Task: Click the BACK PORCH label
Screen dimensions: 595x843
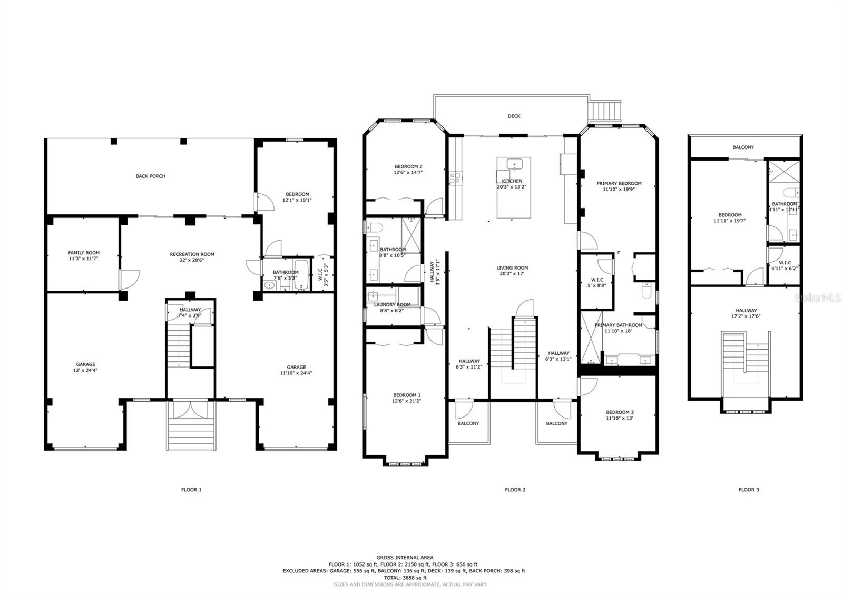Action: pos(150,176)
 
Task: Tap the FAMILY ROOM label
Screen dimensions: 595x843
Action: pos(84,253)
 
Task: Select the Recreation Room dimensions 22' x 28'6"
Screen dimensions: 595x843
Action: pos(192,260)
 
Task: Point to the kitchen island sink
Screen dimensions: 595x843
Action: pos(514,164)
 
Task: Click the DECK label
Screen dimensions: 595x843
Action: pos(514,116)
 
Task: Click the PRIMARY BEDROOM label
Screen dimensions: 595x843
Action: pos(619,183)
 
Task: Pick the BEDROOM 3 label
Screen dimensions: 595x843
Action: pos(620,412)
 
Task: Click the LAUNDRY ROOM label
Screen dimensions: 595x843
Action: pos(392,304)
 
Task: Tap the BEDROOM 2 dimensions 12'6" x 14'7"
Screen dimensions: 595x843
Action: pos(408,172)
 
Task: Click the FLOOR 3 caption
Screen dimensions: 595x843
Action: pos(748,490)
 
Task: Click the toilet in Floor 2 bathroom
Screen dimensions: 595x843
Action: pos(374,228)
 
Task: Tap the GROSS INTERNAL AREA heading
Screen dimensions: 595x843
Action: pos(405,557)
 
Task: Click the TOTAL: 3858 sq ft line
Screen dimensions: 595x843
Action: pos(405,578)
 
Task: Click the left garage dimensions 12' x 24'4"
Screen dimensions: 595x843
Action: pos(85,370)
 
